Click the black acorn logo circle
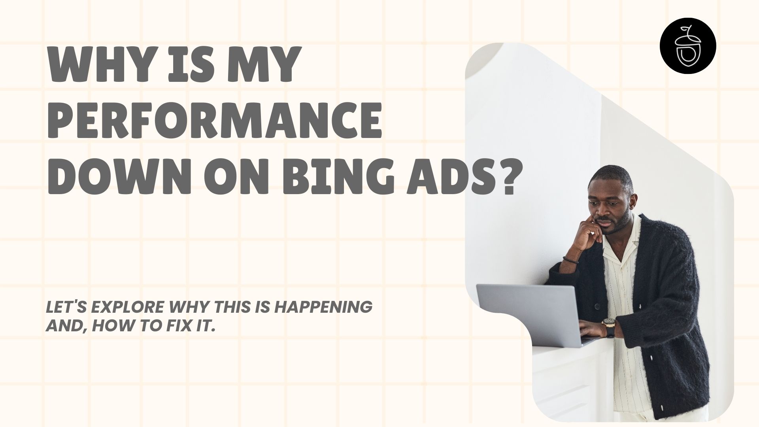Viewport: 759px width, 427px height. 688,52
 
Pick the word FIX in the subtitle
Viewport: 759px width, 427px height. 174,327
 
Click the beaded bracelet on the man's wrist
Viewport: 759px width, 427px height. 570,260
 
